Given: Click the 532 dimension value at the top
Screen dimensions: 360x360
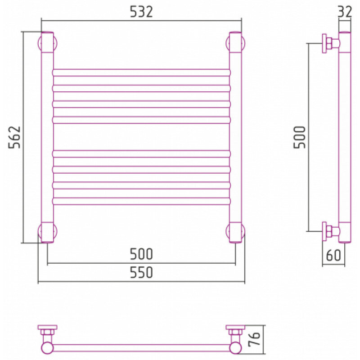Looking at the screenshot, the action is (x=141, y=12).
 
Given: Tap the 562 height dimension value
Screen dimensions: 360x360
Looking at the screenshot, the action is (x=14, y=137).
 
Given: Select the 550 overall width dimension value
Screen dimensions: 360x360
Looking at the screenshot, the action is (x=141, y=273).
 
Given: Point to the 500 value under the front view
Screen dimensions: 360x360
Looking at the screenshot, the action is (x=141, y=254).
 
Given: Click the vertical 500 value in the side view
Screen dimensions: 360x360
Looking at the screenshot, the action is (x=300, y=137).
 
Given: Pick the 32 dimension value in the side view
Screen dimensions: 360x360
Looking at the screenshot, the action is (x=345, y=12).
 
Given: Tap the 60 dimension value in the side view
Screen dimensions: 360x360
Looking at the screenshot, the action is (x=333, y=255).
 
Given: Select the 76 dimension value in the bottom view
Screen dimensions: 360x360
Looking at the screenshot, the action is (x=254, y=338).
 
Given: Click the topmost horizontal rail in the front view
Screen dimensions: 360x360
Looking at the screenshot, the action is (x=141, y=72).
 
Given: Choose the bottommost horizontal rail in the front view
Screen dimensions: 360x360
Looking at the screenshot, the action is (x=141, y=201).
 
